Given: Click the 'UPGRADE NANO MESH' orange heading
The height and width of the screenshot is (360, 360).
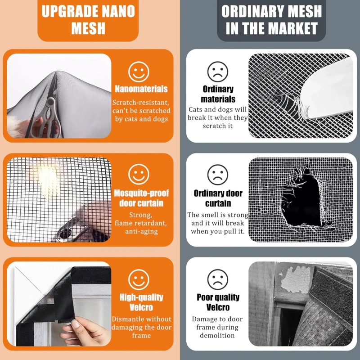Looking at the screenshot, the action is pos(88,20).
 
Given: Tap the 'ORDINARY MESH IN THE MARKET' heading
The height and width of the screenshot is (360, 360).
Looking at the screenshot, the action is pos(272,20).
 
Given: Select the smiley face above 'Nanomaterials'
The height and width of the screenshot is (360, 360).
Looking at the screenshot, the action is pos(139,72).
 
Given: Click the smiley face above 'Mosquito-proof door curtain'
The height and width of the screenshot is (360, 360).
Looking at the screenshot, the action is pos(139,174).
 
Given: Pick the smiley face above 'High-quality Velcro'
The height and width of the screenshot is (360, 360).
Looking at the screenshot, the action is pos(139,279).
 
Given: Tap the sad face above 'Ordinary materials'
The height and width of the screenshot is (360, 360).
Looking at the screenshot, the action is pos(218,72).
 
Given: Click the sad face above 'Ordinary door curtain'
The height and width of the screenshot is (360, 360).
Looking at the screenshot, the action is pos(218,175).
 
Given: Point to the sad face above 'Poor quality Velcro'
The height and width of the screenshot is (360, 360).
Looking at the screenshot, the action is pos(218,279).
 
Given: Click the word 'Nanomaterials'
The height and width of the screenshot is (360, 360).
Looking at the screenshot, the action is pos(141,89).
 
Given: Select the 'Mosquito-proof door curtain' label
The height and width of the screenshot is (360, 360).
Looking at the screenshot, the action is pos(141,198).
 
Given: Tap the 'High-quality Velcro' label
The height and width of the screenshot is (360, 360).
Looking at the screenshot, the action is pos(141,302).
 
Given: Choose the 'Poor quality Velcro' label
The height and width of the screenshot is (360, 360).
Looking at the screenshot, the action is pos(218,302).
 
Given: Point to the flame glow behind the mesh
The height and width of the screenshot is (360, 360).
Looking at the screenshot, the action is pos(47,179).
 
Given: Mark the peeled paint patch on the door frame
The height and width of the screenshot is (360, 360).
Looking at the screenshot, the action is pos(296,279).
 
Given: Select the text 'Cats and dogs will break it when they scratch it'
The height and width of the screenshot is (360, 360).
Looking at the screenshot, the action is pos(218,117).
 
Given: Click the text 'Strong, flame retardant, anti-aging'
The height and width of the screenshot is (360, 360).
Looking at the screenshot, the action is pos(141,223).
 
